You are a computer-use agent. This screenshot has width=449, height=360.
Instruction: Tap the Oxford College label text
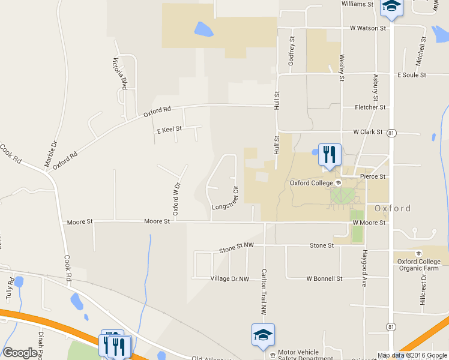311,183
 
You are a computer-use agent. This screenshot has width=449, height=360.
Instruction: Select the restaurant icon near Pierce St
329,154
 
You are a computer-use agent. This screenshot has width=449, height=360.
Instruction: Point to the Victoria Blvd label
121,73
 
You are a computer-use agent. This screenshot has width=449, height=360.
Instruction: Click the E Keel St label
169,130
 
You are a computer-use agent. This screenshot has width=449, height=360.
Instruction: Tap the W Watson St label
368,28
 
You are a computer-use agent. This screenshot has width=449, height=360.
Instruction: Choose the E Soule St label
411,75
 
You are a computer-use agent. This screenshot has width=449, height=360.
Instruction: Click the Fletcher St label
370,107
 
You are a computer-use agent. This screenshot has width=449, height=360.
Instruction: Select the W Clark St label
367,131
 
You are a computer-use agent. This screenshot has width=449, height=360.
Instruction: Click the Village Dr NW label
229,279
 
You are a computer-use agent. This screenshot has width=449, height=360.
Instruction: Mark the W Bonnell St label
324,279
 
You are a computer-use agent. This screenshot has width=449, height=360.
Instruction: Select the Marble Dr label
50,154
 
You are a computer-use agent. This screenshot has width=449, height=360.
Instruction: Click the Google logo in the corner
20,353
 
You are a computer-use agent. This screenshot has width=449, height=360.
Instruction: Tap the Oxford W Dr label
176,199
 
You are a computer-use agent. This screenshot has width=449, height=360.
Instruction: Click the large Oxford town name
393,209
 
